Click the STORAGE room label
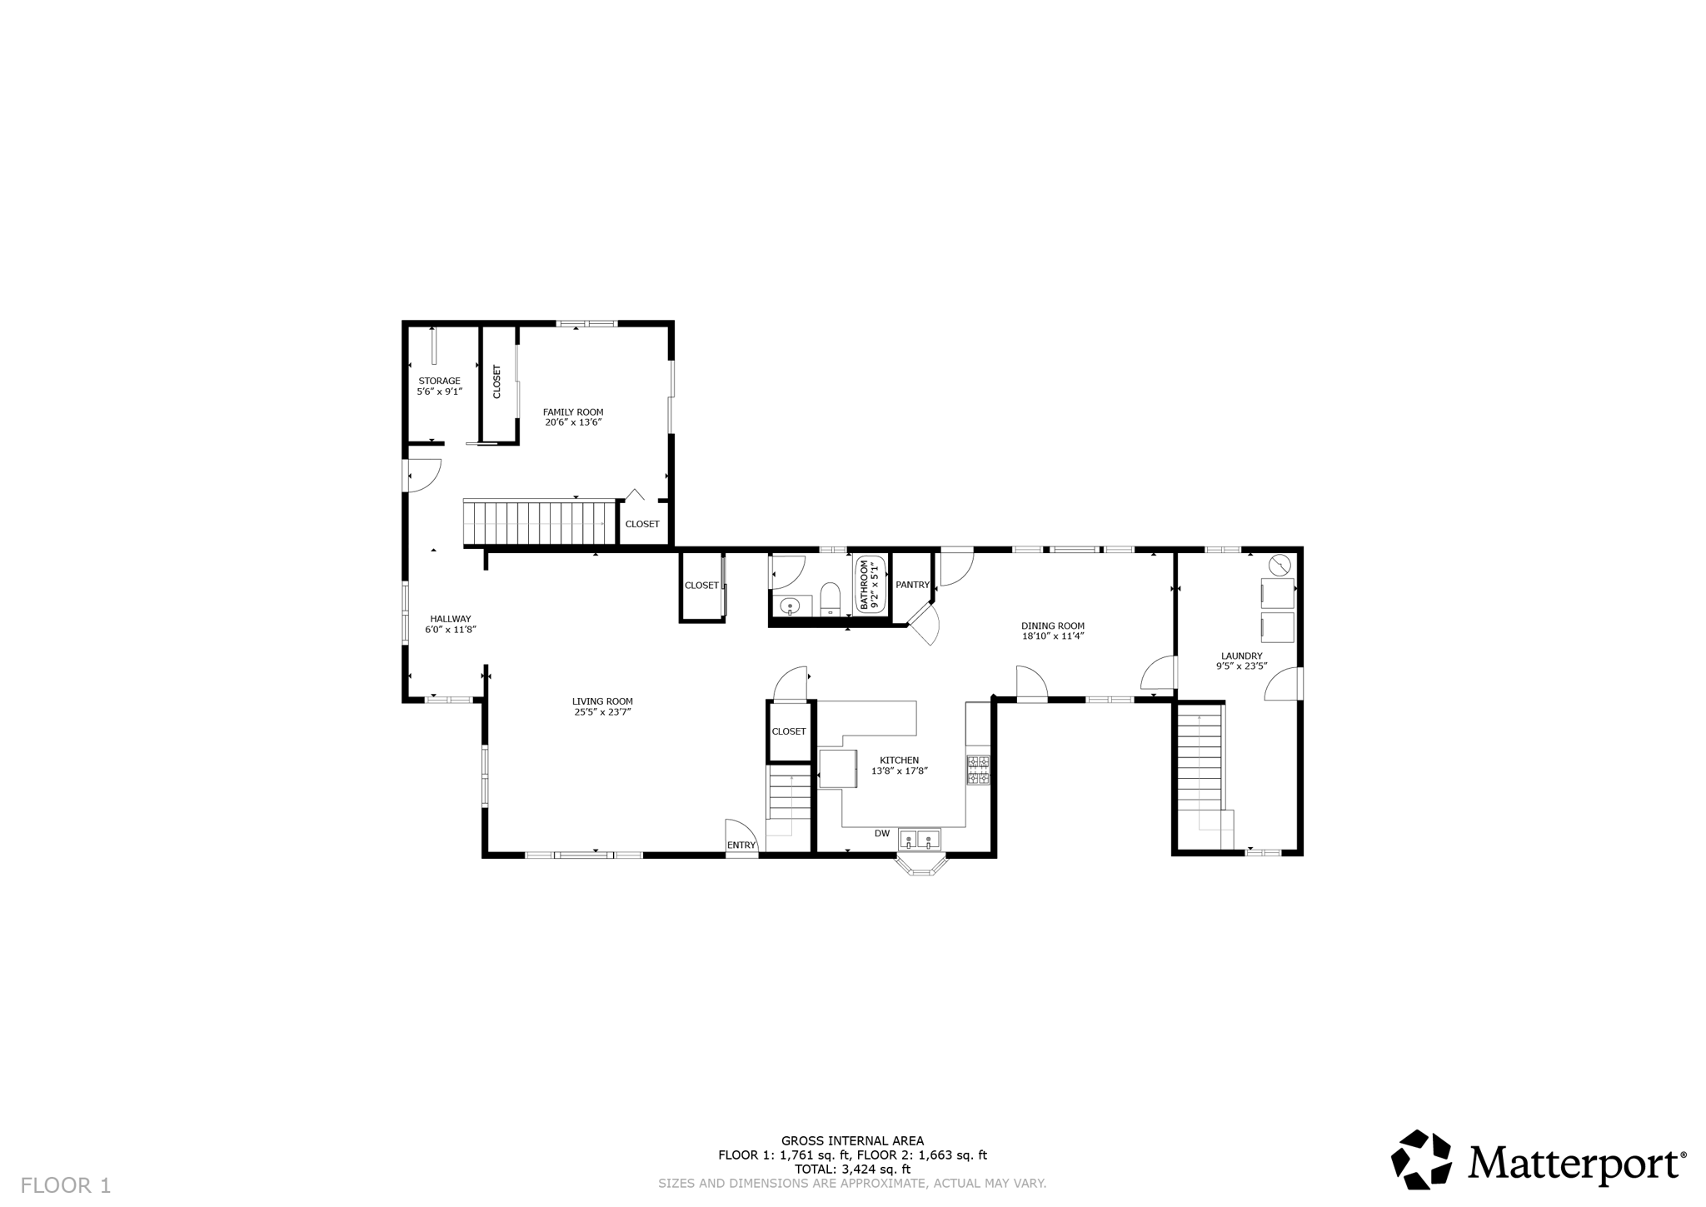tap(439, 381)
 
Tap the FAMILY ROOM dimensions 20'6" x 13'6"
tap(573, 422)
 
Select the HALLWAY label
tap(451, 619)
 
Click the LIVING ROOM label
tap(602, 701)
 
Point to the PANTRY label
tap(912, 585)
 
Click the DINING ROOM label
tap(1053, 626)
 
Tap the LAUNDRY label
tap(1241, 656)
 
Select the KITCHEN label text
tap(900, 760)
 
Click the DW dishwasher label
tap(882, 833)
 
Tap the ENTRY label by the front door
tap(741, 845)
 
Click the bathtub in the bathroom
tap(870, 585)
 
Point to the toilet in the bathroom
tap(831, 598)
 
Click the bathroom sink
tap(788, 606)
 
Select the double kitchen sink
tap(920, 838)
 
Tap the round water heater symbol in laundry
tap(1279, 566)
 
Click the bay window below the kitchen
tap(921, 866)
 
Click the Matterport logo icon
tap(1422, 1160)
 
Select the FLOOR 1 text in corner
tap(66, 1185)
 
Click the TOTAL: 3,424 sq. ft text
tap(852, 1169)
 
